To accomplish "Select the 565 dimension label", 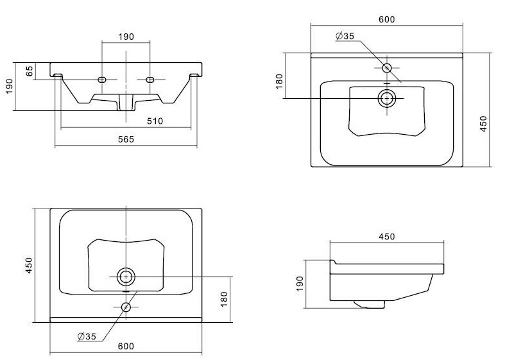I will point(126,140).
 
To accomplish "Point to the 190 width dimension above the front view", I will point(126,37).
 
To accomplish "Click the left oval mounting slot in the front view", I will point(101,80).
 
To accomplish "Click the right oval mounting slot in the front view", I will point(151,80).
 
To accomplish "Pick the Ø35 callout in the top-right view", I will point(345,36).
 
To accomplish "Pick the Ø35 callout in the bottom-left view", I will point(87,336).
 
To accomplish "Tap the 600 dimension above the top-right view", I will point(386,19).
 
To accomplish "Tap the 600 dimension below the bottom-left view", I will point(126,347).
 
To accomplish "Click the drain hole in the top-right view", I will point(386,98).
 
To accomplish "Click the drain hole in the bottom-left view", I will point(126,277).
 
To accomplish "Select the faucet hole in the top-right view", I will point(386,67).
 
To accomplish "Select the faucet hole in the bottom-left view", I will point(126,307).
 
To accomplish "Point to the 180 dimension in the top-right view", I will point(279,81).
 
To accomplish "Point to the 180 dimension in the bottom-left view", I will point(223,298).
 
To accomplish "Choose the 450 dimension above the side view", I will point(386,236).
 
